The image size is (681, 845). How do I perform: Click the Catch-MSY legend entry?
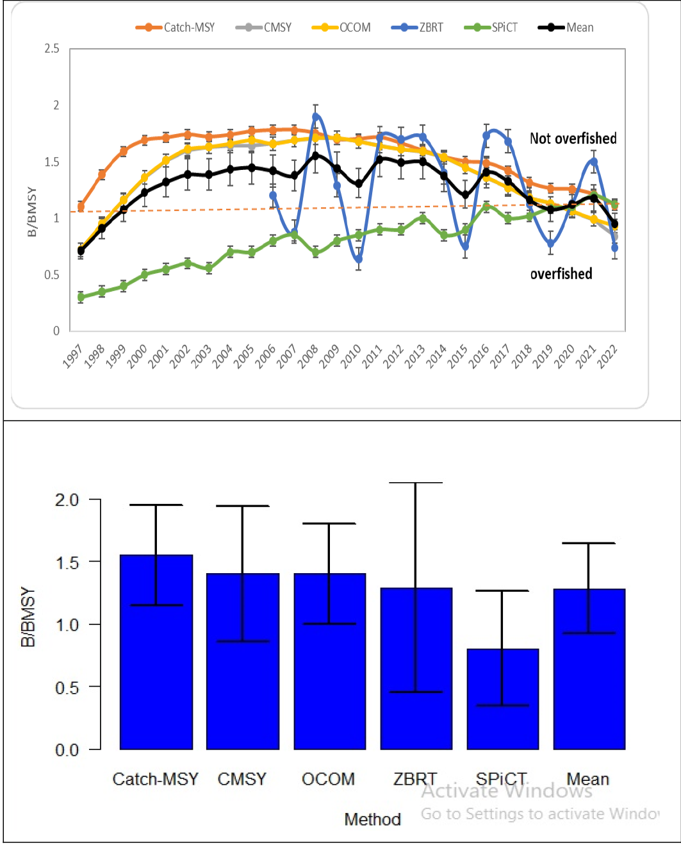point(175,27)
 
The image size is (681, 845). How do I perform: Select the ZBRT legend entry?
point(417,27)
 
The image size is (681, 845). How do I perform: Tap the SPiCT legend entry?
point(491,27)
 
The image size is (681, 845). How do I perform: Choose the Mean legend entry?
point(566,27)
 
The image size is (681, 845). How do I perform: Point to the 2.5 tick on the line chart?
point(52,49)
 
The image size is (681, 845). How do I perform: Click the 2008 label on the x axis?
point(308,356)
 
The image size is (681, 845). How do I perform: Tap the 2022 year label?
point(607,356)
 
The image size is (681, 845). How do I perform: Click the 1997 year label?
point(72,356)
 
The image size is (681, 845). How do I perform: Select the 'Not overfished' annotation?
point(573,138)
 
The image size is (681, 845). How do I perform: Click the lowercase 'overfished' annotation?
point(561,274)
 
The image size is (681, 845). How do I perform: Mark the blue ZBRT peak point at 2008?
point(316,117)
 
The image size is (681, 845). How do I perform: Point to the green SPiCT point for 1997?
point(81,297)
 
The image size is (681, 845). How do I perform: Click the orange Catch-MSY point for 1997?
point(81,206)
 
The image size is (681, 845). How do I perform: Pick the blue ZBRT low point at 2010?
point(358,259)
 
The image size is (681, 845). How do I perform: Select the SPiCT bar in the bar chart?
point(502,699)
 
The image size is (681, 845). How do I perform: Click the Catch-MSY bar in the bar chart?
point(156,652)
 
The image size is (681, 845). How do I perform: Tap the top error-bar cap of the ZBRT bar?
point(416,483)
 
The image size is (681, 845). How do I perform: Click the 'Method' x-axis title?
point(372,819)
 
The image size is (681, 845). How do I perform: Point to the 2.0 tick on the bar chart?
point(67,500)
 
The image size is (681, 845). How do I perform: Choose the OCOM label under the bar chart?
point(328,779)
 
